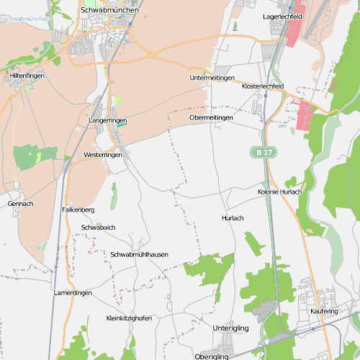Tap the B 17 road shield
tap(264, 153)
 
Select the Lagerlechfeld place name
tap(282, 15)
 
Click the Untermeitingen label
tap(212, 78)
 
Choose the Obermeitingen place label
tap(211, 117)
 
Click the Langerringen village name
tap(107, 120)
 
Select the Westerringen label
tap(103, 155)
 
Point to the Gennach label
tap(20, 204)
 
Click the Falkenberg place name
tap(78, 210)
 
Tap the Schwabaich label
tap(99, 228)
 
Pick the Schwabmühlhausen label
tap(140, 255)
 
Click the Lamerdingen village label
tap(73, 293)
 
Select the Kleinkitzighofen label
tap(129, 318)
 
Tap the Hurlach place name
tap(233, 217)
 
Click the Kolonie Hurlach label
tap(279, 192)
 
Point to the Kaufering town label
tap(324, 311)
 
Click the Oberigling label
tap(211, 356)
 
